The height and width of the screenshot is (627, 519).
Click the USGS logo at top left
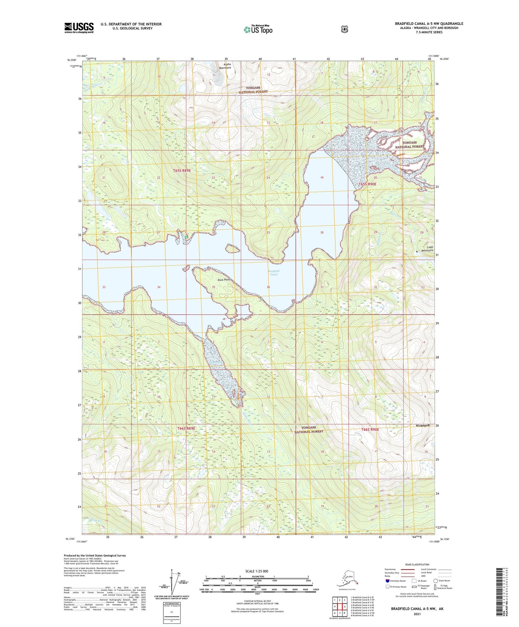[79, 28]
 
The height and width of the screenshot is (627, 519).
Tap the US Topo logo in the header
[258, 29]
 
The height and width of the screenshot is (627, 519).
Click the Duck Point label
[223, 279]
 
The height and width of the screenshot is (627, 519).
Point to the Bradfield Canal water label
[273, 273]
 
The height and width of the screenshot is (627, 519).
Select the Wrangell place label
[422, 425]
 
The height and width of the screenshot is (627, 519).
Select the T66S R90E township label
[375, 429]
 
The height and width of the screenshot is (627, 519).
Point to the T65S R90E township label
[367, 184]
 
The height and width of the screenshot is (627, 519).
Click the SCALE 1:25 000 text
[256, 571]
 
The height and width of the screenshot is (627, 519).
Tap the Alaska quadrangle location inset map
[347, 580]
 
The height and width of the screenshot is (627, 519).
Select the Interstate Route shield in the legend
[387, 581]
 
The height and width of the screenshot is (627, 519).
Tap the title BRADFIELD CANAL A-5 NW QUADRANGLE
[429, 24]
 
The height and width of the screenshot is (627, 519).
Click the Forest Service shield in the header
[344, 29]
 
